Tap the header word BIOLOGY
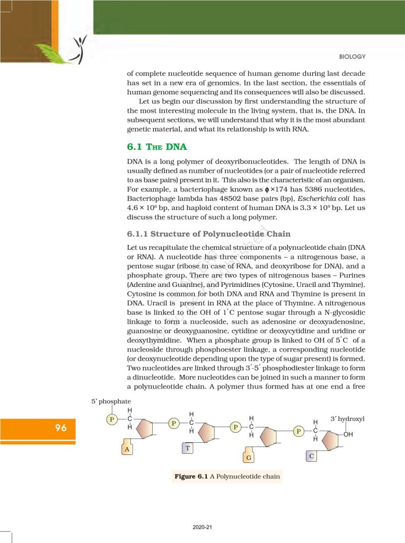(x=351, y=57)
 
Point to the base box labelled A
(x=126, y=449)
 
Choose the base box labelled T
(x=188, y=449)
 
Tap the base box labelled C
(x=312, y=456)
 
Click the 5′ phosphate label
(x=111, y=402)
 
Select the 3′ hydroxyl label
(x=348, y=419)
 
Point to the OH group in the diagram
(x=348, y=434)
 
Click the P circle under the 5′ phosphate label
(x=112, y=419)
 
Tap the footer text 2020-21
(x=202, y=528)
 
